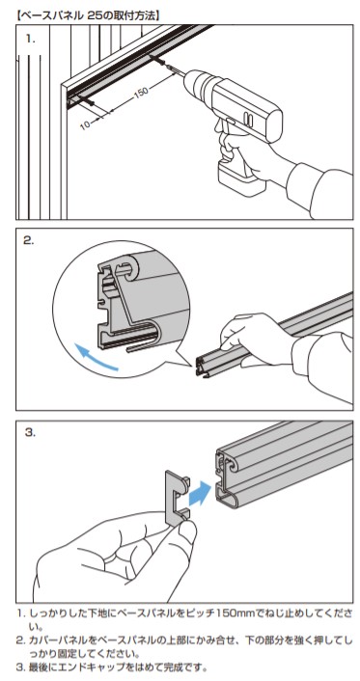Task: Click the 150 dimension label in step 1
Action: pos(141,93)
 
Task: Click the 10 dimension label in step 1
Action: pos(86,124)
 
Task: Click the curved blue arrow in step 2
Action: pos(95,358)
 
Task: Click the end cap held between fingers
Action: pos(177,499)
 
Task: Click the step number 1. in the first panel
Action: pos(30,39)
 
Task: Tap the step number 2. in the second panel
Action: pos(29,241)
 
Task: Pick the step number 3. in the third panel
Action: pos(30,432)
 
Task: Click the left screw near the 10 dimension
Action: pos(88,102)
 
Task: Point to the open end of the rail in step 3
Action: pos(228,477)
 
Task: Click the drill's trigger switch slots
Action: pos(247,118)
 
